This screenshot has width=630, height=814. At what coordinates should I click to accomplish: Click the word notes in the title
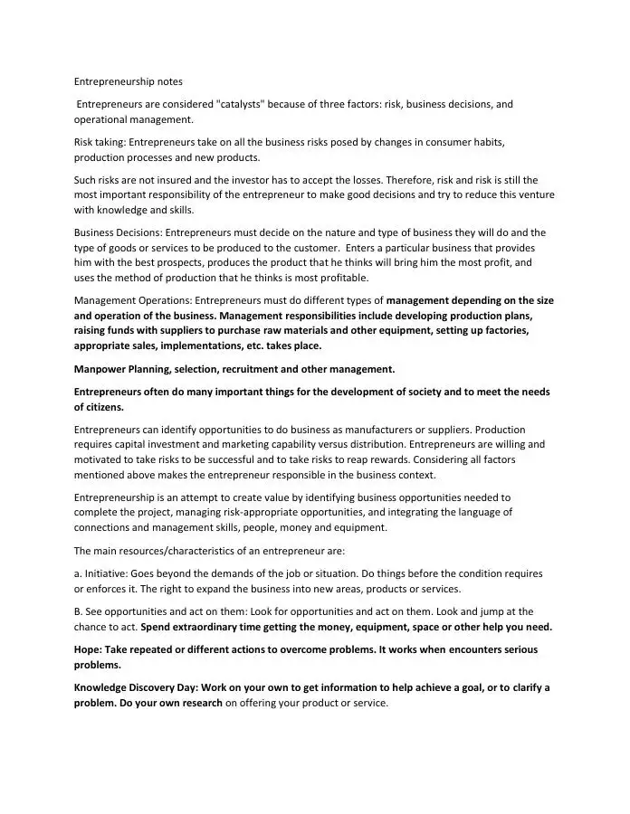167,81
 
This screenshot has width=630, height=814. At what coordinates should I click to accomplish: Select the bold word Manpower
100,369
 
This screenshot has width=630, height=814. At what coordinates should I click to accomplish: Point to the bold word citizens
101,407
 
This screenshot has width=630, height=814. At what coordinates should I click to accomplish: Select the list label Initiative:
106,573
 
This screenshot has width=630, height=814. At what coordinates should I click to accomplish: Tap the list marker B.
78,611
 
